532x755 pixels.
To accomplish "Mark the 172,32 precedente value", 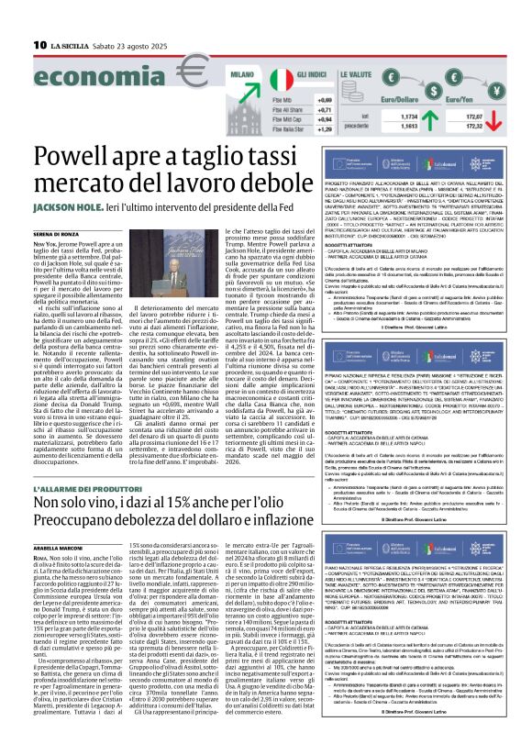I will coord(501,127).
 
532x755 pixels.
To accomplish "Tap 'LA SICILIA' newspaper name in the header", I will coord(70,44).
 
